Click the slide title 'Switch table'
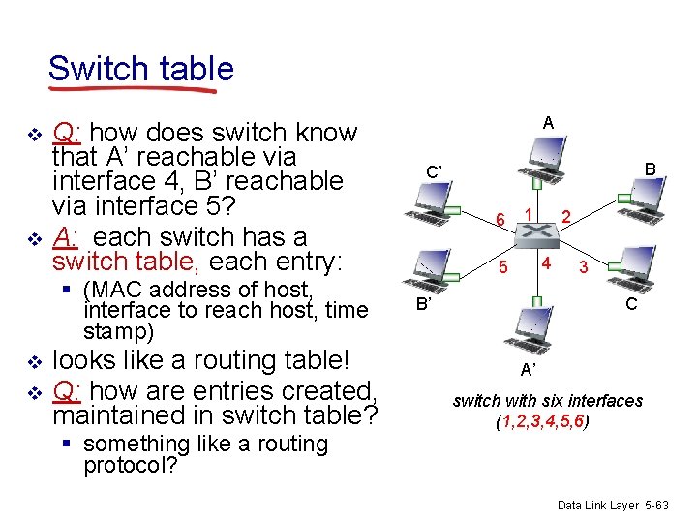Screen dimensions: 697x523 (x=140, y=69)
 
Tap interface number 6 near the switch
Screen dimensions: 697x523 (x=499, y=220)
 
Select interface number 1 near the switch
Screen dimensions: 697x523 (x=529, y=212)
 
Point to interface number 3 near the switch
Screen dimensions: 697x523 (x=582, y=266)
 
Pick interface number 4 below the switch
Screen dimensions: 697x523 (x=546, y=262)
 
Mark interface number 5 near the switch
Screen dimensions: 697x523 (x=503, y=265)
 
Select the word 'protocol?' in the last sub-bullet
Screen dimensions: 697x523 (x=131, y=465)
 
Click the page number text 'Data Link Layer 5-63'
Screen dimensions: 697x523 (x=613, y=506)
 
